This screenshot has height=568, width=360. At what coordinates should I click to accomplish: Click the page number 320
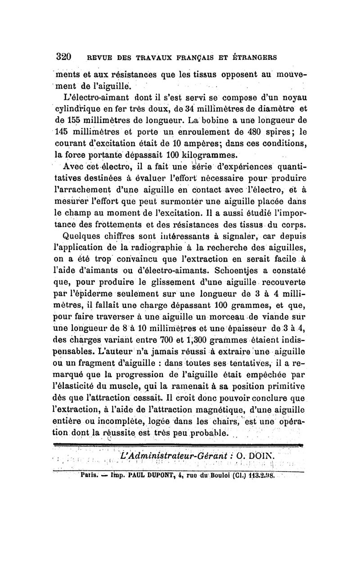63,57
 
